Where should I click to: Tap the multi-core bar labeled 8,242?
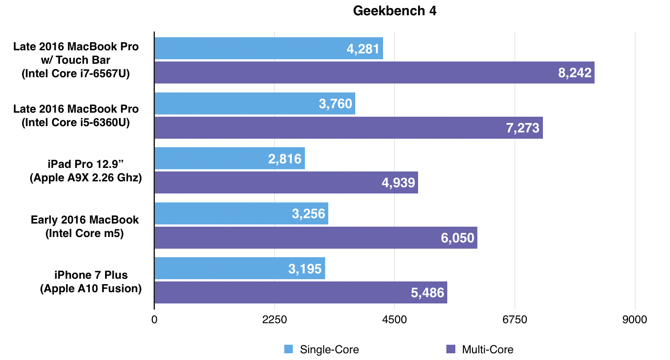tap(375, 73)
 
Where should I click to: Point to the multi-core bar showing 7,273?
tap(348, 128)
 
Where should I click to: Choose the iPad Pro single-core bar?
tap(229, 158)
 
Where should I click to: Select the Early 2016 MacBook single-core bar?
tap(241, 213)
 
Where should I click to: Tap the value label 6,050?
tap(458, 237)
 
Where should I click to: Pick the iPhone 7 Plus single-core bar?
tap(240, 268)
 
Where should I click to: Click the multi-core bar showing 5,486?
tap(301, 293)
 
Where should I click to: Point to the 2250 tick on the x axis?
tap(274, 320)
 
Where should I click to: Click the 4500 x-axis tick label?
tap(394, 320)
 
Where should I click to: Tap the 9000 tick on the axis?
tap(635, 320)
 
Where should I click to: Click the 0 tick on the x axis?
tap(154, 320)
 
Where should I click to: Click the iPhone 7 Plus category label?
tap(91, 275)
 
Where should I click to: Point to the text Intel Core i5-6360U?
tap(76, 123)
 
